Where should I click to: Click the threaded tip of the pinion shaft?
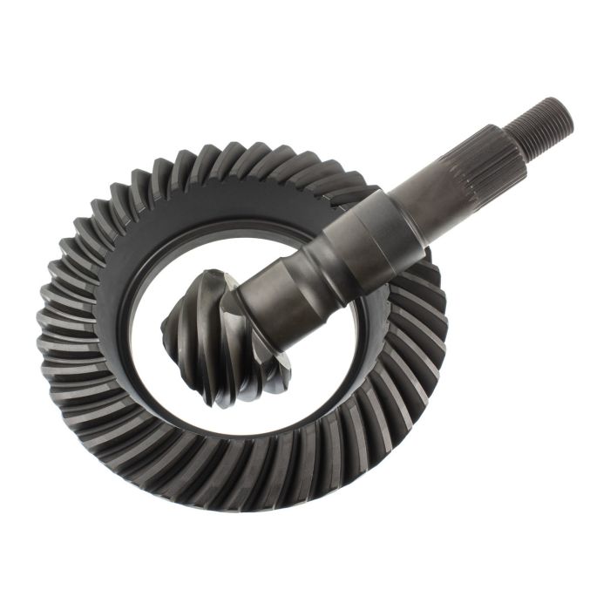[541, 121]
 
